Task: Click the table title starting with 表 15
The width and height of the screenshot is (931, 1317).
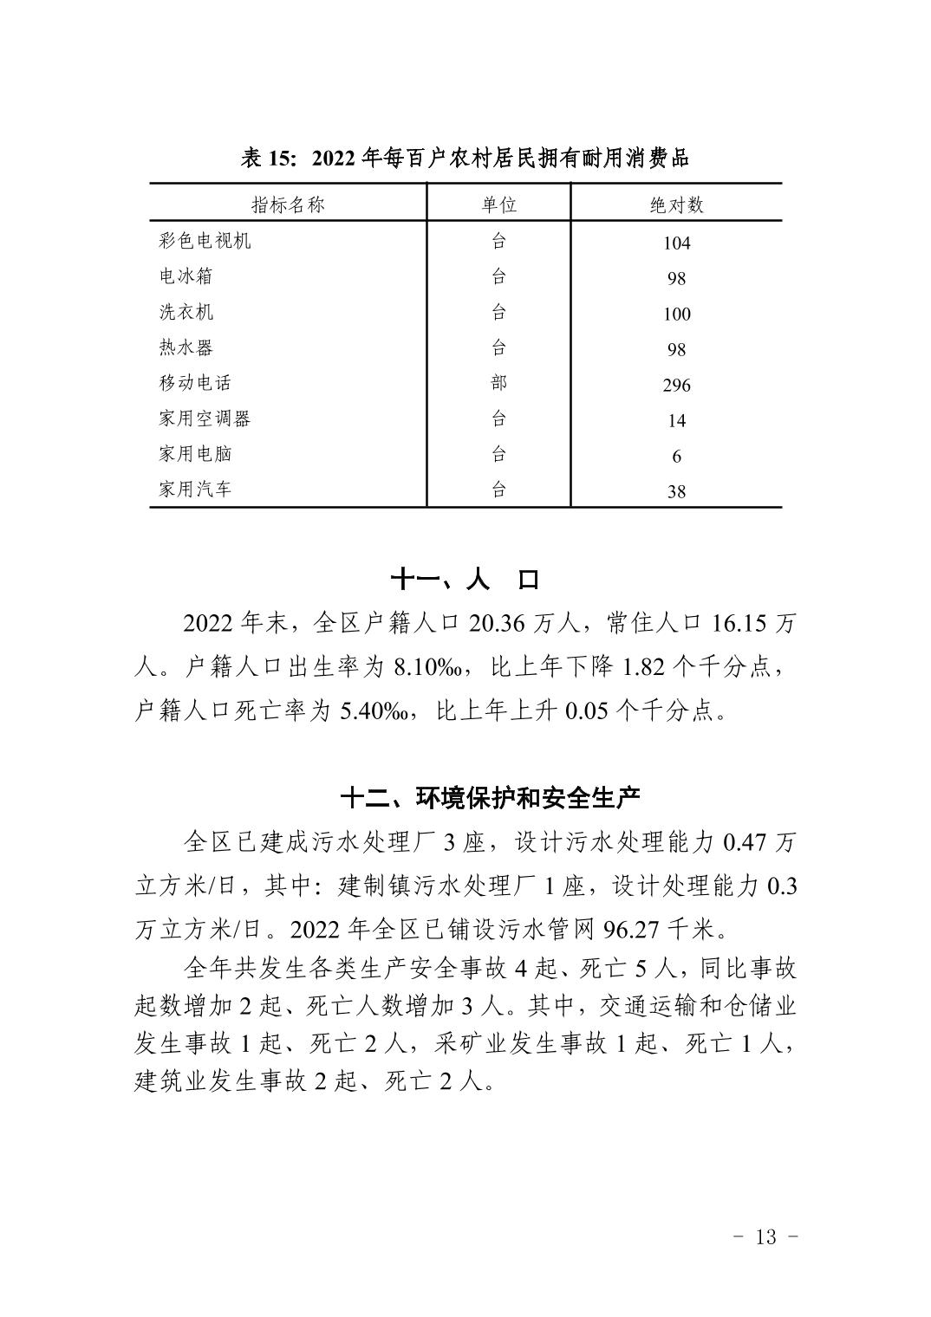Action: (465, 158)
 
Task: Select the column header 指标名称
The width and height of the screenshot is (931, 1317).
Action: (288, 204)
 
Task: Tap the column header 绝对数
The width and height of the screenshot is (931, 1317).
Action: (676, 204)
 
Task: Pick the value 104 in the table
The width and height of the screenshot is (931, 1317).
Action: (676, 243)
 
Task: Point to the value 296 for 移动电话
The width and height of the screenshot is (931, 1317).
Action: (676, 386)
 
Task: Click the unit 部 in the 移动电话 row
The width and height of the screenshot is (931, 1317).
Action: (498, 383)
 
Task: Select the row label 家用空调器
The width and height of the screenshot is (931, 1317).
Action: (205, 418)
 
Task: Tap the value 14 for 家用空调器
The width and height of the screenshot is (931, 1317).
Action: (676, 421)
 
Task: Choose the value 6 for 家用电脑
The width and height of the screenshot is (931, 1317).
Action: (676, 457)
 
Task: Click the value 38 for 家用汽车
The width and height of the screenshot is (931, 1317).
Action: (676, 492)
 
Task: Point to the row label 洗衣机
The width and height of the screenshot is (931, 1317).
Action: (186, 312)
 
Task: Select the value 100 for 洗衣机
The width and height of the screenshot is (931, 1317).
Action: (676, 315)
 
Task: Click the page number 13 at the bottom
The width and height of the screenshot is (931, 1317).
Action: (765, 1236)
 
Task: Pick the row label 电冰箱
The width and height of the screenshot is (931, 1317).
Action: (186, 276)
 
